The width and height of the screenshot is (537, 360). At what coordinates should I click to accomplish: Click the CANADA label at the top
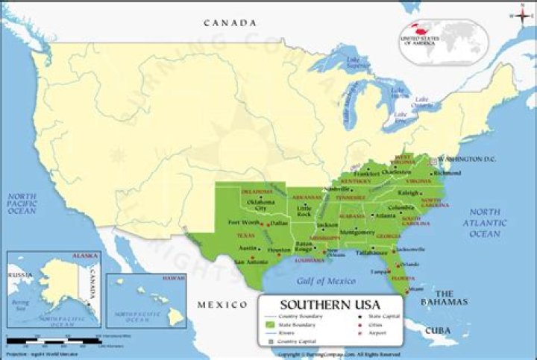pyautogui.click(x=230, y=23)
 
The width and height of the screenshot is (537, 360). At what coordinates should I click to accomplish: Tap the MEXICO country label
pyautogui.click(x=222, y=305)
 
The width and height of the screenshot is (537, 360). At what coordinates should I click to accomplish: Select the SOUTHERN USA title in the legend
pyautogui.click(x=330, y=304)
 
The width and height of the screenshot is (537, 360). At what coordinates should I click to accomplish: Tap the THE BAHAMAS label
pyautogui.click(x=451, y=297)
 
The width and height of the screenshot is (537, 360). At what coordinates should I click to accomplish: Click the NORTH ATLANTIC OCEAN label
pyautogui.click(x=484, y=223)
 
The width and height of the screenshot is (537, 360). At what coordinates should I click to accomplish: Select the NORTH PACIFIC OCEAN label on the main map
pyautogui.click(x=22, y=203)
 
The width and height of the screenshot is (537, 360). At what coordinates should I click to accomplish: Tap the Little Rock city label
pyautogui.click(x=304, y=211)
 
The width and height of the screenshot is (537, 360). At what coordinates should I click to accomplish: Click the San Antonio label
pyautogui.click(x=251, y=262)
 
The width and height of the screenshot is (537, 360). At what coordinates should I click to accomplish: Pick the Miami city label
pyautogui.click(x=418, y=288)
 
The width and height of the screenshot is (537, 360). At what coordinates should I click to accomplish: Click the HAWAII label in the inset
pyautogui.click(x=172, y=277)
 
